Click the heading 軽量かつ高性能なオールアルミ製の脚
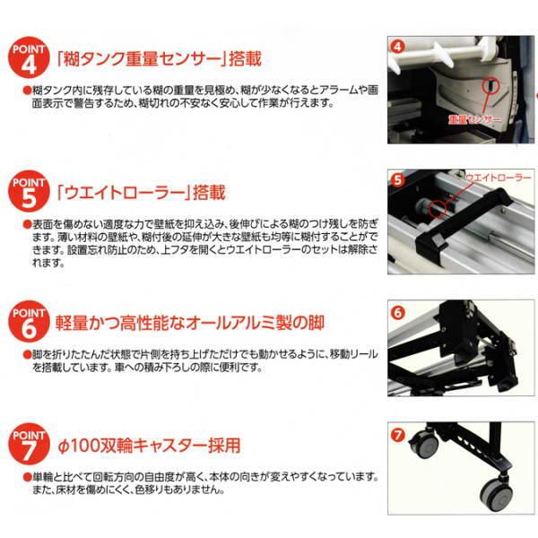tap(189, 322)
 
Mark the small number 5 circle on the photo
tap(398, 179)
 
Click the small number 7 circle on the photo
tap(398, 437)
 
